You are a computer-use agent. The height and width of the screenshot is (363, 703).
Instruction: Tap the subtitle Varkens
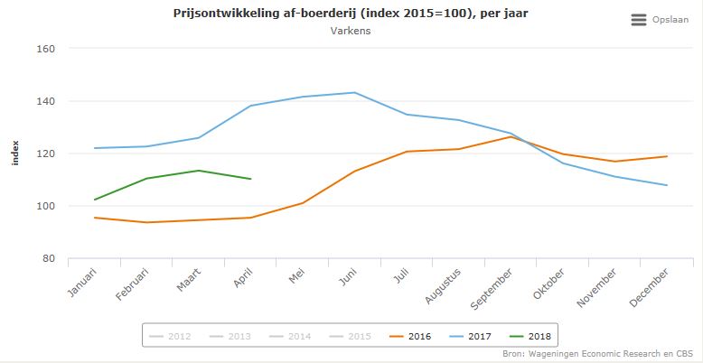(351, 31)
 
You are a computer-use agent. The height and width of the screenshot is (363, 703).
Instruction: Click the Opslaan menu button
(659, 19)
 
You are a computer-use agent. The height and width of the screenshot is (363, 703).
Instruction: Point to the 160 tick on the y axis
(44, 49)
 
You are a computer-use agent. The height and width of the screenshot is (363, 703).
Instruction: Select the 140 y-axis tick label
(44, 101)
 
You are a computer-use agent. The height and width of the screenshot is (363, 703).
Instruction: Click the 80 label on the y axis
(48, 259)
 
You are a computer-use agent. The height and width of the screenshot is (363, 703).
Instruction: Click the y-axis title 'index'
(15, 154)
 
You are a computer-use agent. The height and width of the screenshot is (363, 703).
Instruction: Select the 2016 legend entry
(410, 337)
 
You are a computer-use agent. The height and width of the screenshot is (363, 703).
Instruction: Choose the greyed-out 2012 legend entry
(172, 337)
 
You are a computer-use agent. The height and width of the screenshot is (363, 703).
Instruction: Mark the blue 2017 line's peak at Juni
(354, 92)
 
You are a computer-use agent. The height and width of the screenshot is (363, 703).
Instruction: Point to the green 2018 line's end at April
(250, 179)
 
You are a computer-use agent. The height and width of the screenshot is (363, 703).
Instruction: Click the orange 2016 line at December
(666, 156)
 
